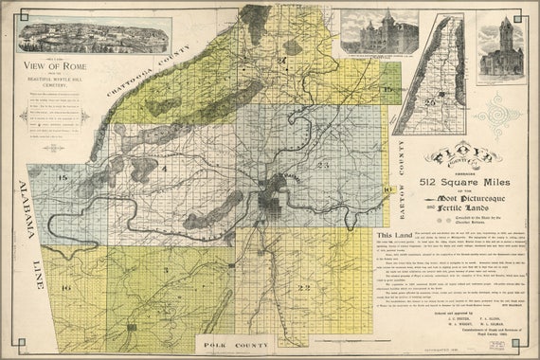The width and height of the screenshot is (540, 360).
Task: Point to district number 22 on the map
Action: (x=303, y=288)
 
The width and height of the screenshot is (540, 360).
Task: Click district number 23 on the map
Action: (x=322, y=165)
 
